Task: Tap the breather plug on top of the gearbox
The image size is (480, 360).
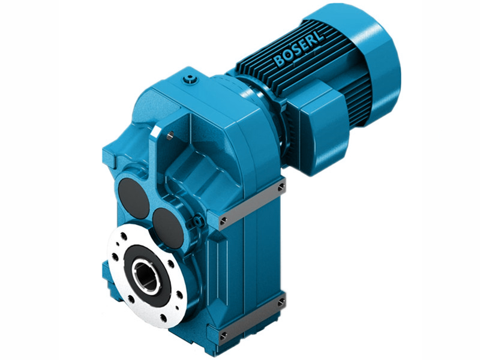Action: pyautogui.click(x=191, y=78)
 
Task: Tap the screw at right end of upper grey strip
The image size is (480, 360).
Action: pyautogui.click(x=280, y=188)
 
